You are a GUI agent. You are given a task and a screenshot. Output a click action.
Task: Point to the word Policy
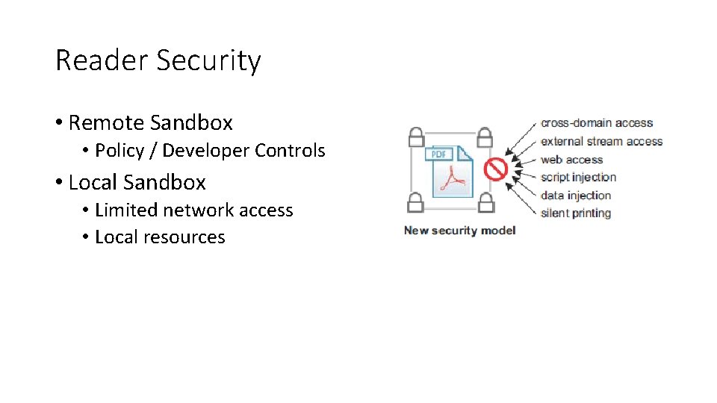[x=119, y=151]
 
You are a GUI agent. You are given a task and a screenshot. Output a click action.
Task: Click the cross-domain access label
[x=597, y=123]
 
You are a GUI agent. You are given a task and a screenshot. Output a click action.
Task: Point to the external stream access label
[x=601, y=141]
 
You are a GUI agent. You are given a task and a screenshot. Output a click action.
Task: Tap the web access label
[x=571, y=159]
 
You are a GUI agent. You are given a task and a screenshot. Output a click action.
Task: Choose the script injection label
[x=578, y=177]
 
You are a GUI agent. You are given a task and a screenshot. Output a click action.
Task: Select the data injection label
[x=576, y=195]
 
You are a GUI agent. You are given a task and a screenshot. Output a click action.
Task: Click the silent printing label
[x=576, y=213]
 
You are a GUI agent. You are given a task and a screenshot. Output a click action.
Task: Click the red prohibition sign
[x=496, y=169]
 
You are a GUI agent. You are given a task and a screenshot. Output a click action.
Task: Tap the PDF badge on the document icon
[x=439, y=154]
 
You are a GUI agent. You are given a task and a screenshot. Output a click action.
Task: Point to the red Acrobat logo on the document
[x=453, y=178]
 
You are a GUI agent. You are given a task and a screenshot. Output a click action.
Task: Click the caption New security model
[x=459, y=230]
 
